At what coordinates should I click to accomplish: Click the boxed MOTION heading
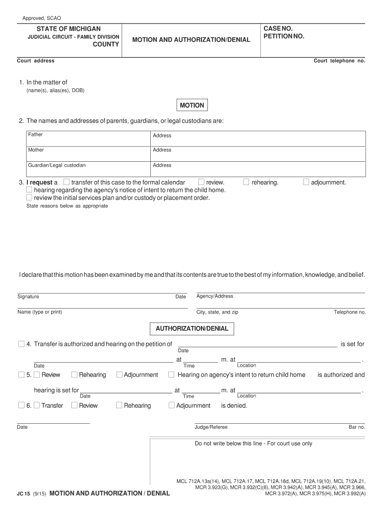coord(191,105)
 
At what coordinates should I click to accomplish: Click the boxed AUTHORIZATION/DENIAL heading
coord(192,328)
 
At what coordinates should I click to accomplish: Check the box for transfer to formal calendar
coord(67,182)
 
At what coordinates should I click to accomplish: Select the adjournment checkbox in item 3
coord(306,182)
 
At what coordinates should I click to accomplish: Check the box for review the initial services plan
coord(29,197)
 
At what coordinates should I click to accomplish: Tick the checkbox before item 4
coord(21,344)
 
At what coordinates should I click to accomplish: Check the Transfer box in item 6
coord(37,405)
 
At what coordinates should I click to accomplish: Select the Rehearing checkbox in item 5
coord(74,375)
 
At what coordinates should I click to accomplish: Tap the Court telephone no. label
coord(339,61)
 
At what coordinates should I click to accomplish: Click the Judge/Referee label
coord(211,427)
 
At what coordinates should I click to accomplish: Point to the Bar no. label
coord(357,427)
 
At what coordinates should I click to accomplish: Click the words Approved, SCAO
coord(42,18)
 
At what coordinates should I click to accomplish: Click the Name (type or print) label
coord(40,312)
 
